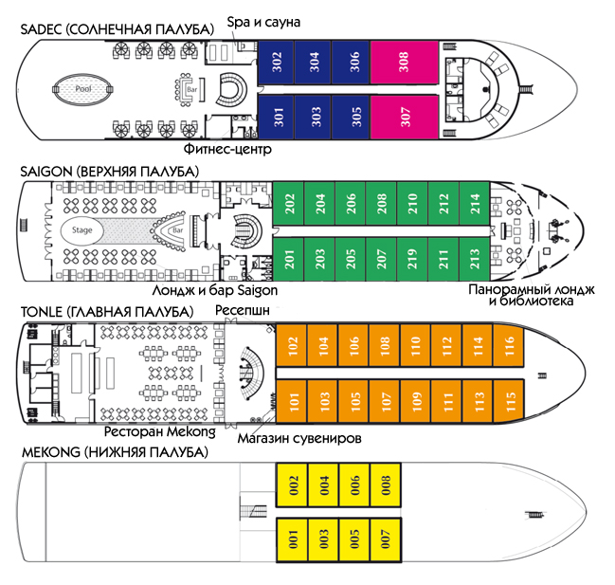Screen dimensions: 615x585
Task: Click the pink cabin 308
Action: tap(404, 62)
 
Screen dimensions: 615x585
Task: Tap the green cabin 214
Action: tap(475, 203)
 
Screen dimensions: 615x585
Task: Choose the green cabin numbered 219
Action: tap(412, 259)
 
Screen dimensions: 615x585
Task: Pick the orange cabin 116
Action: tap(509, 345)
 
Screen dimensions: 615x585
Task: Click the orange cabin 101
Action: tap(292, 401)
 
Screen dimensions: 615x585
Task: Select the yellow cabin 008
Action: tap(385, 484)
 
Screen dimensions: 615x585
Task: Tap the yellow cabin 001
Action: tap(292, 539)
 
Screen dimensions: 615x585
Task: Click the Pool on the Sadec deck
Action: tap(82, 89)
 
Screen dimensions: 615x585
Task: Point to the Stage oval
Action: tap(82, 230)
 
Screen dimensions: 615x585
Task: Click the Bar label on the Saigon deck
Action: tap(178, 230)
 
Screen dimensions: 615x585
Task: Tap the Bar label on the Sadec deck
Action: tap(191, 89)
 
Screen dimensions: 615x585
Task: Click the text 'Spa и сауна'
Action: tap(263, 23)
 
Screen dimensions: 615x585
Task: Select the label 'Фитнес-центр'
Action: tap(227, 149)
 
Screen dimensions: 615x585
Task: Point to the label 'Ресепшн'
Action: tap(243, 310)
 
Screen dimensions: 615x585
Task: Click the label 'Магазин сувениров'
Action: tap(299, 438)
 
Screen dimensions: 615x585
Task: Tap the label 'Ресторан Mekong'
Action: tap(159, 432)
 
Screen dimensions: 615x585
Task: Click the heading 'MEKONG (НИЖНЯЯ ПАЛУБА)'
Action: tap(115, 452)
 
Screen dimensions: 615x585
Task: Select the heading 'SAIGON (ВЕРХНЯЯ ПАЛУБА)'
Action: tap(110, 172)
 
